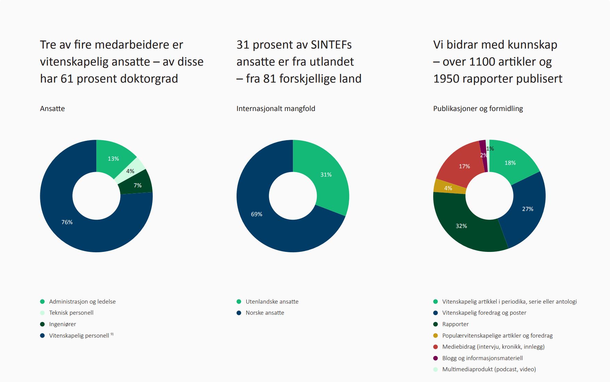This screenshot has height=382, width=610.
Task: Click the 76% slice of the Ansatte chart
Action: [x=67, y=222]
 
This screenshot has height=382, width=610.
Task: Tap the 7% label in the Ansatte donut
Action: [x=138, y=185]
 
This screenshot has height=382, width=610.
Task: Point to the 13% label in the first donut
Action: [x=113, y=159]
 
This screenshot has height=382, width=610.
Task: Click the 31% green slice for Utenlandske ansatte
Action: [x=326, y=175]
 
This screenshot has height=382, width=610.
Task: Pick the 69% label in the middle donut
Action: [x=257, y=214]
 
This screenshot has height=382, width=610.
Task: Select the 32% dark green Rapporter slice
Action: [x=461, y=226]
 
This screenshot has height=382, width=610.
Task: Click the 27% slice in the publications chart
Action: [x=527, y=209]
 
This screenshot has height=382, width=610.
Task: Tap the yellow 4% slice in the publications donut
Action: [x=448, y=188]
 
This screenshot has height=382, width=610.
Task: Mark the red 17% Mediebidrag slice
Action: [x=464, y=166]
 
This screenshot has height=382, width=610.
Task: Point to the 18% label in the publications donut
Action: [x=510, y=163]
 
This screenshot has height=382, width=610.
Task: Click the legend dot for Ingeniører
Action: [x=42, y=324]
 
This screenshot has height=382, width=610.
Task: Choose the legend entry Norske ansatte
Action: [x=265, y=313]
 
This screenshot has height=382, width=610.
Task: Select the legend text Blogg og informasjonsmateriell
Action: [x=482, y=358]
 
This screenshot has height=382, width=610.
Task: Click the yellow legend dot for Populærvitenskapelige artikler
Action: [x=436, y=336]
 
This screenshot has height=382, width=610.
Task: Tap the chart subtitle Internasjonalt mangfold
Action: [x=276, y=109]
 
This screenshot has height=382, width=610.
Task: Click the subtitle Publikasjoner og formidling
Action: [x=478, y=109]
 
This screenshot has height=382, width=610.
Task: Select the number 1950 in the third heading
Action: [x=448, y=79]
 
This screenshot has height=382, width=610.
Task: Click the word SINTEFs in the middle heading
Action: [x=331, y=45]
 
